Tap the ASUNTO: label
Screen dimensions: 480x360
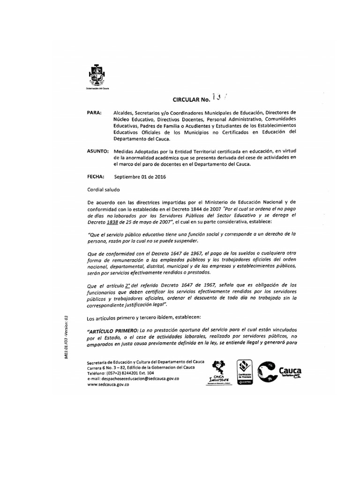point(98,151)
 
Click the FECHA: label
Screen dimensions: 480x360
point(96,177)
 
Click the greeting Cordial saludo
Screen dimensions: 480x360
point(104,190)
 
